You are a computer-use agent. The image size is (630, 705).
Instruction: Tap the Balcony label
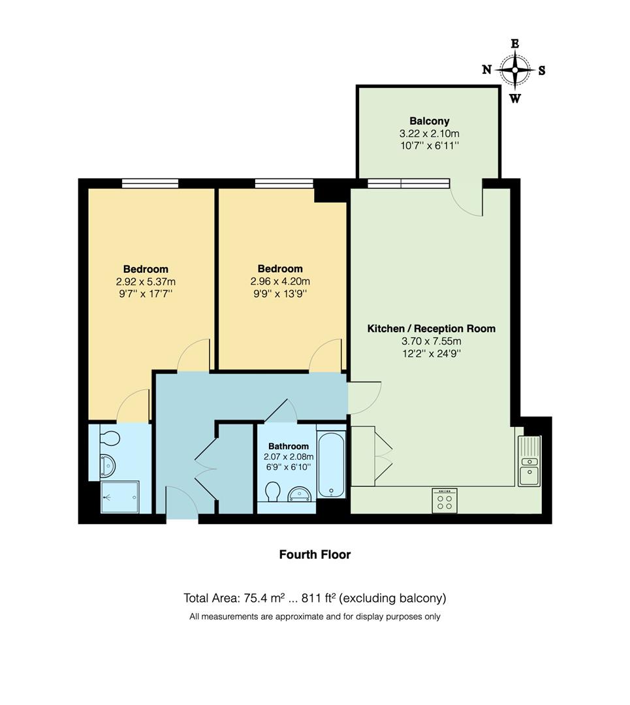click(430, 121)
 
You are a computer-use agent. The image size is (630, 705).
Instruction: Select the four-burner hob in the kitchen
click(444, 501)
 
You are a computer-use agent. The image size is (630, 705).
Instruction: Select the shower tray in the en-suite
click(120, 497)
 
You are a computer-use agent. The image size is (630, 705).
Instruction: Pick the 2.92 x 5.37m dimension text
click(146, 281)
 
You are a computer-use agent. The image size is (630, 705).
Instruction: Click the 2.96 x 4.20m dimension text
click(280, 281)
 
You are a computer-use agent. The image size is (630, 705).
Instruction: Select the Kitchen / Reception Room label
click(432, 328)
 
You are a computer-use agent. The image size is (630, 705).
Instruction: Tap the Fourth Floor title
click(315, 554)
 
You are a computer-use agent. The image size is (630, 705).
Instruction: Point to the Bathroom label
click(288, 446)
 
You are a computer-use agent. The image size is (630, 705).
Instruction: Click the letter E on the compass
click(514, 43)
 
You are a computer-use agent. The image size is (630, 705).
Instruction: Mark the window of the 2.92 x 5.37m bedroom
click(150, 183)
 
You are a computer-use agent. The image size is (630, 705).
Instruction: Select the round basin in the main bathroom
click(300, 493)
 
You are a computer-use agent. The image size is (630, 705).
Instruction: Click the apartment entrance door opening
click(182, 518)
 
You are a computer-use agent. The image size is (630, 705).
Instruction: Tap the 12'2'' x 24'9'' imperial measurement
click(432, 353)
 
